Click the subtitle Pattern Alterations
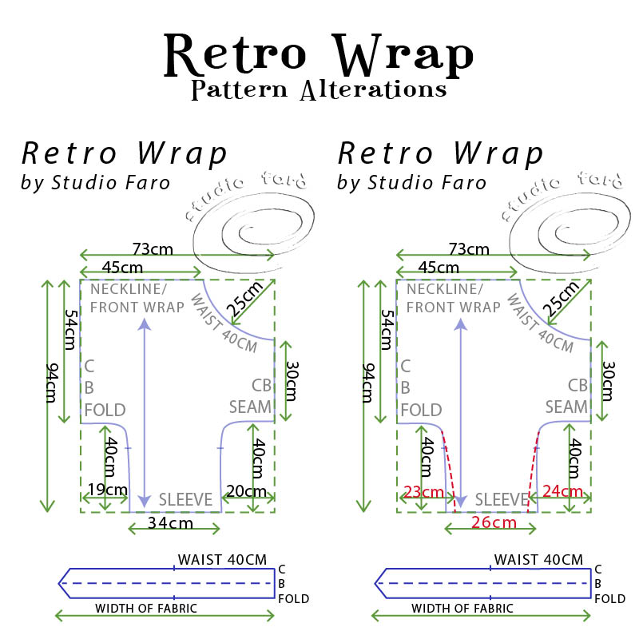319,89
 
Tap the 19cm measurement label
105,489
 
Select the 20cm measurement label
247,491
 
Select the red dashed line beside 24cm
533,471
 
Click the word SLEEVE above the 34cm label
185,500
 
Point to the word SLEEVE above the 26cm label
502,500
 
